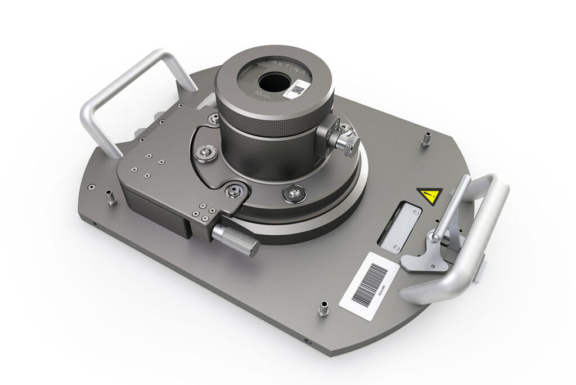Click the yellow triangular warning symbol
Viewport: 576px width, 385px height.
429,195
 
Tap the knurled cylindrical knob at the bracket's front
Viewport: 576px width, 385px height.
236,239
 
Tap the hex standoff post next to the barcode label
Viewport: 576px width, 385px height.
323,308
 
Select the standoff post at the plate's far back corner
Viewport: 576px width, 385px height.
426,138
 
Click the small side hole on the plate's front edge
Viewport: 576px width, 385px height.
306,342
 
